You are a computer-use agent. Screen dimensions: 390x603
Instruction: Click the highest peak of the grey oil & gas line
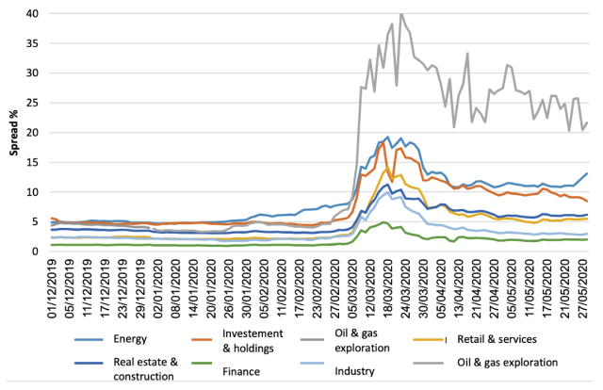(401, 14)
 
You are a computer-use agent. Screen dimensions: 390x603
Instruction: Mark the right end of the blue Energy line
(587, 172)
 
